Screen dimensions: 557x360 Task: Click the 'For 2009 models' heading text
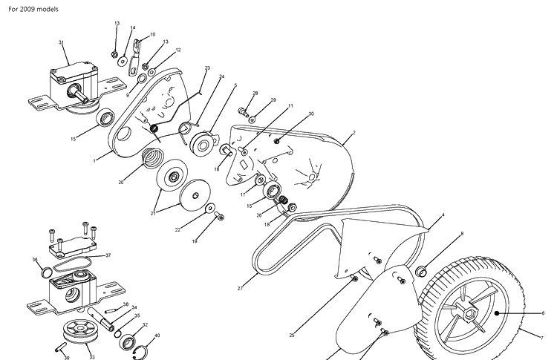click(x=33, y=9)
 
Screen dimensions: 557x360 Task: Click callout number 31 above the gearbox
click(x=61, y=42)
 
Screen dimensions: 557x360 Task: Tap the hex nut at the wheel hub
click(x=469, y=314)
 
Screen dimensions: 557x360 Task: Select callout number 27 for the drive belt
click(x=240, y=289)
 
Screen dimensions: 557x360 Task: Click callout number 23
click(x=207, y=68)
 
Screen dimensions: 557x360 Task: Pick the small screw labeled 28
click(x=243, y=111)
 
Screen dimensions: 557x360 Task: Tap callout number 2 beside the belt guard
click(x=354, y=133)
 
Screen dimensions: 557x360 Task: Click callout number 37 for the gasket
click(x=108, y=255)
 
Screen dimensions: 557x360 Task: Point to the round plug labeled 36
click(x=48, y=272)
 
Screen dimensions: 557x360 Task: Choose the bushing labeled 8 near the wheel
click(x=421, y=271)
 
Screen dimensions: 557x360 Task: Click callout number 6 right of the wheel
click(x=543, y=313)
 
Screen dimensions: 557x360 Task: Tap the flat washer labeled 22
click(x=209, y=208)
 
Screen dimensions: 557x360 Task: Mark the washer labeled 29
click(x=252, y=120)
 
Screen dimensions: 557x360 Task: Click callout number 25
click(x=292, y=336)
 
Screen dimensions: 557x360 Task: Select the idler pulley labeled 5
click(x=203, y=143)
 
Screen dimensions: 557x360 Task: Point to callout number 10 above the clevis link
click(x=152, y=35)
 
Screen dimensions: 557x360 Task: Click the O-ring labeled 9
click(x=141, y=79)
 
